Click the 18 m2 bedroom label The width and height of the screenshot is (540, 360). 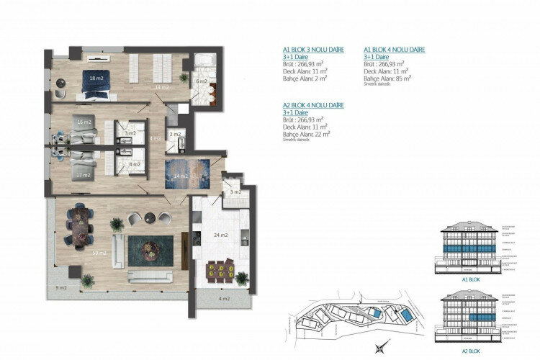pos(94,77)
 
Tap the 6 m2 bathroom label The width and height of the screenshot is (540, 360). pos(202,81)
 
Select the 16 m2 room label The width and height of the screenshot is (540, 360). pos(84,122)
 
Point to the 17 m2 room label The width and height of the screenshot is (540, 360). pos(84,175)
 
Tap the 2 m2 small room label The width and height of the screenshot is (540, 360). pos(175,134)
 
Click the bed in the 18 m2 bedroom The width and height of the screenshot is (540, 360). pos(94,82)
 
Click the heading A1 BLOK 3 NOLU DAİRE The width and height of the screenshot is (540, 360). pos(313,50)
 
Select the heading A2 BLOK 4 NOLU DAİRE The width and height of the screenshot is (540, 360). pos(313,105)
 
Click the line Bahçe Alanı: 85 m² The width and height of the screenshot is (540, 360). pos(387,78)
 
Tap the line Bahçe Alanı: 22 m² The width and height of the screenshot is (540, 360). pos(306,133)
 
